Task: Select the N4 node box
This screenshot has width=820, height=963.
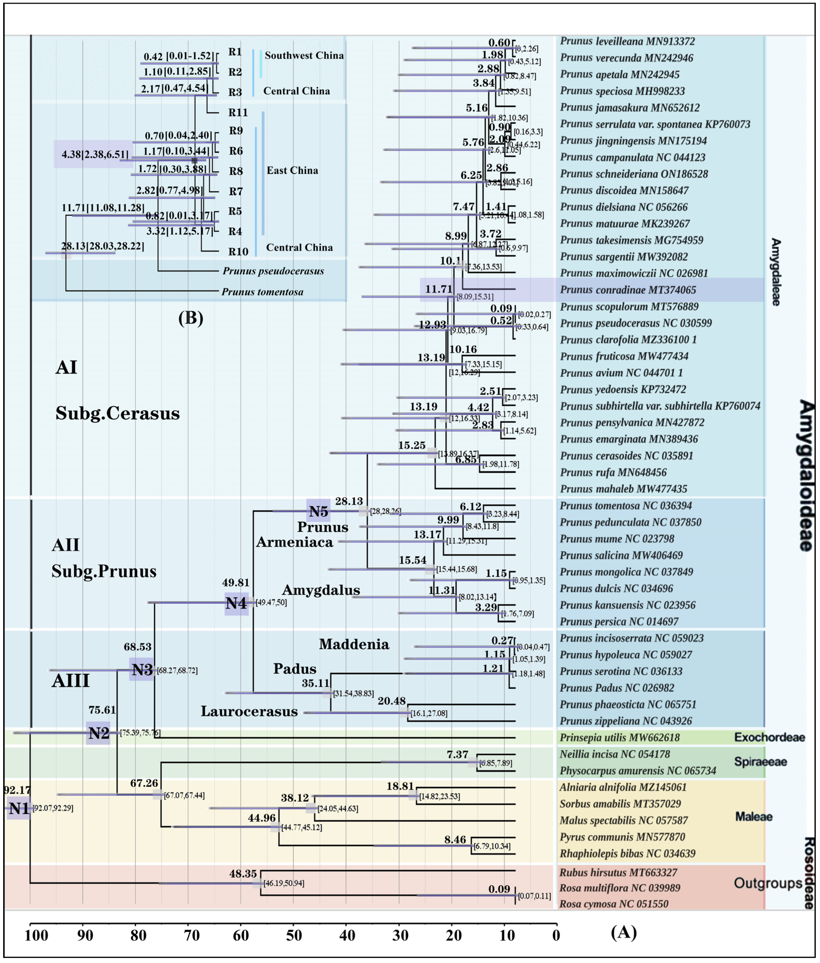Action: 236,603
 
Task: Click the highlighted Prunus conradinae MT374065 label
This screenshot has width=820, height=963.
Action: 628,290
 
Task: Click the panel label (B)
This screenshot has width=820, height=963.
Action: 191,318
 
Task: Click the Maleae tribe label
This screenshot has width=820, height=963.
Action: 754,817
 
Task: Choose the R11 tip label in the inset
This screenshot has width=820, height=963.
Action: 238,113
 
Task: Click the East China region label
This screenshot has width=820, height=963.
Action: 292,171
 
